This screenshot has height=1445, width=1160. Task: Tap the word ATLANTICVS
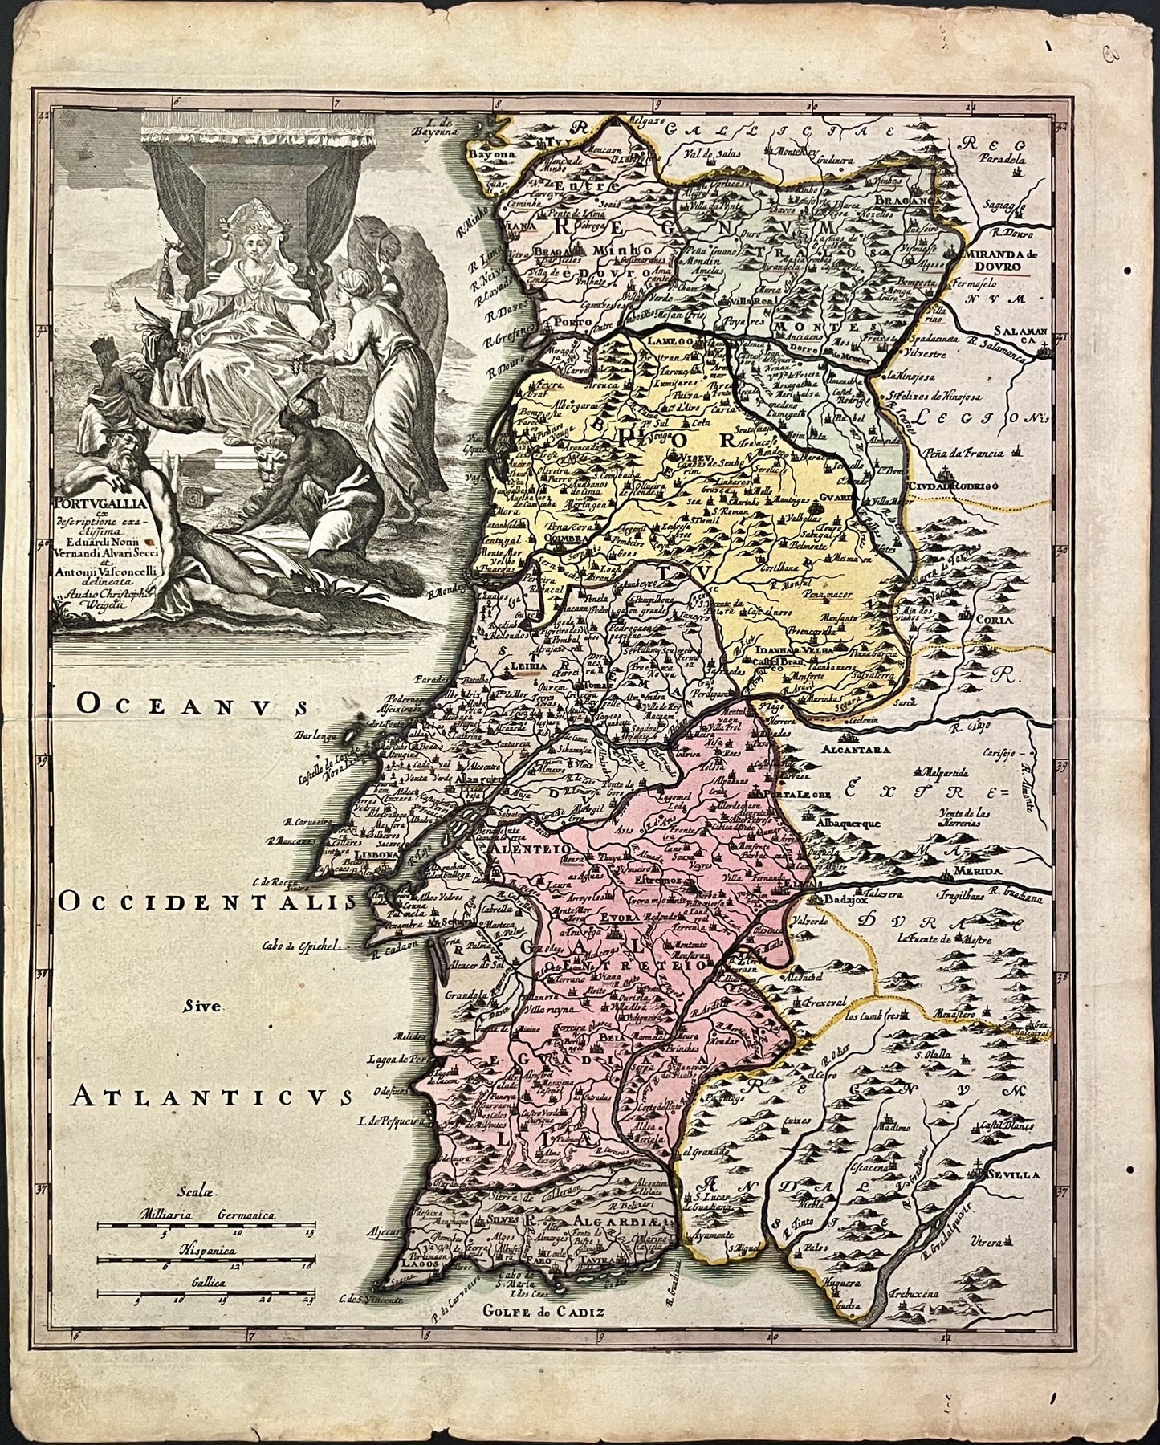click(x=213, y=1096)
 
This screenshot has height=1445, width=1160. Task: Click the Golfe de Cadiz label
click(x=543, y=1311)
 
